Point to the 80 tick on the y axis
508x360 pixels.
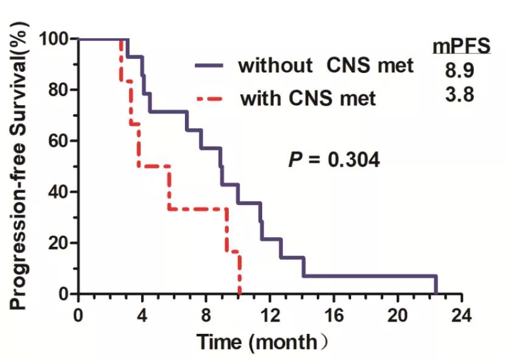pos(59,90)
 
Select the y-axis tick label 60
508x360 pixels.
pos(59,141)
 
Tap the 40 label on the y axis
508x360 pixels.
pos(59,192)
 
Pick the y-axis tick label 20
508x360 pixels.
pos(59,243)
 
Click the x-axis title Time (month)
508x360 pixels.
pos(262,342)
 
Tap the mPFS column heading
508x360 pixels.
pos(461,46)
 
